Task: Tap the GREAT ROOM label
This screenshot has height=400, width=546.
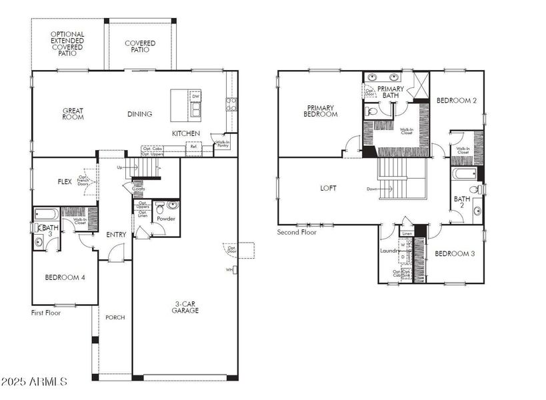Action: tap(73, 114)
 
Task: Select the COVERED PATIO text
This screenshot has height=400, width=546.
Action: tap(140, 47)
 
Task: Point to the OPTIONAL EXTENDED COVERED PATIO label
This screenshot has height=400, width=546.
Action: tap(67, 43)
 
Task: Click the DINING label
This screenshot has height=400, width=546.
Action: tap(140, 114)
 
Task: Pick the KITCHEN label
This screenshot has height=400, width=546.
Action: tap(186, 134)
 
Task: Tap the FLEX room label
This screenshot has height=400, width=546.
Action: tap(65, 181)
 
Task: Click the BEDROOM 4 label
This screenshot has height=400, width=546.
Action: tap(65, 277)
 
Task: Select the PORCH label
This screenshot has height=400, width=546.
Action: tap(115, 317)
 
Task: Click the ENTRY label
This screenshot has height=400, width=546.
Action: tap(116, 235)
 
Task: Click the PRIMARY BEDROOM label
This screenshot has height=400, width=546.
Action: tap(322, 111)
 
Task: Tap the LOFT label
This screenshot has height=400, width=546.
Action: tap(328, 189)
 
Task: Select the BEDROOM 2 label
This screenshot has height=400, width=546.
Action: tap(457, 101)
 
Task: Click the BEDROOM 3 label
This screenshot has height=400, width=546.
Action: tap(455, 254)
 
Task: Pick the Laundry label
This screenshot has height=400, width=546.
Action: tap(388, 251)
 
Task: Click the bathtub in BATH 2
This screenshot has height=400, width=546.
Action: tap(463, 175)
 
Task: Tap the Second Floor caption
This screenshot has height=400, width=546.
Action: tap(297, 233)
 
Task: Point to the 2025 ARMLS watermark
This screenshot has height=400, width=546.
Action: tap(35, 382)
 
